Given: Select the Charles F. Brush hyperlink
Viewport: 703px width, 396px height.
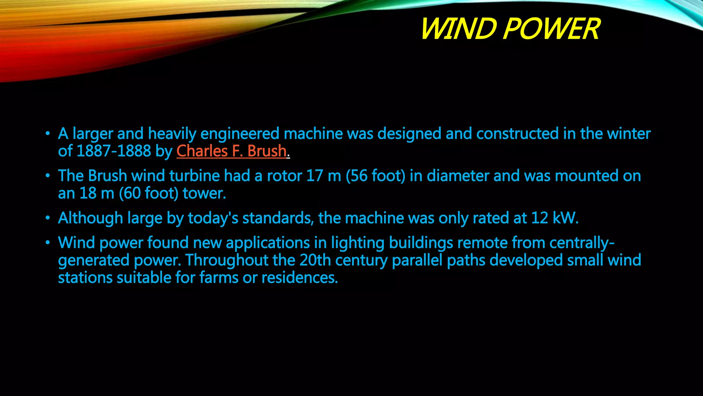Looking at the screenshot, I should [x=231, y=151].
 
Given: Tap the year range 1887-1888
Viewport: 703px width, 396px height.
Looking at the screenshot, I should [x=114, y=151].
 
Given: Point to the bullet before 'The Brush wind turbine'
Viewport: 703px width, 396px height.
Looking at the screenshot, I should [x=48, y=176].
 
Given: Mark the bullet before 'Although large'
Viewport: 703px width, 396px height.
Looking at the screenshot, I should [x=48, y=218].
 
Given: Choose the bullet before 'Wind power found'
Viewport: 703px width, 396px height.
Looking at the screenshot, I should [x=48, y=243].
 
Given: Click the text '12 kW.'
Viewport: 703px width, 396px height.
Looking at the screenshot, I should [x=555, y=218].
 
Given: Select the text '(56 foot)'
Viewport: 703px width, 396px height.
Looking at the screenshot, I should [x=376, y=176].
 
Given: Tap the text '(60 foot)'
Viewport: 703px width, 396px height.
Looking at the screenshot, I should [x=149, y=193].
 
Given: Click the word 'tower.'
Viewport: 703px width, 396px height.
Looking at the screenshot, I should [x=204, y=193].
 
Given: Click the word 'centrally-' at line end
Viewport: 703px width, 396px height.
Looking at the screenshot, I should [x=582, y=243].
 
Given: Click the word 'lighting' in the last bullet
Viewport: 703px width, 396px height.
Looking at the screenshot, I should [x=358, y=243].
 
